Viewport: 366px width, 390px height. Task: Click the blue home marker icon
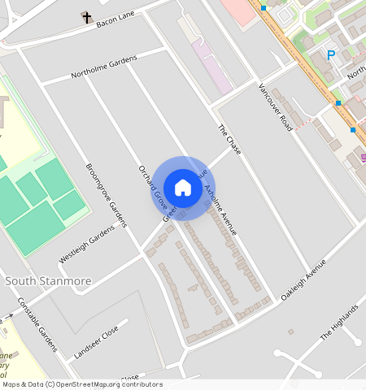click(x=183, y=188)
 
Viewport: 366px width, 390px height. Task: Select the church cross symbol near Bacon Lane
click(x=86, y=16)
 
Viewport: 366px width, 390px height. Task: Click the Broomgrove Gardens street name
click(x=107, y=196)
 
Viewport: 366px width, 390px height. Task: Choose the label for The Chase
click(x=230, y=141)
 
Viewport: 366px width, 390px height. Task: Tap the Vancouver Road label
click(x=275, y=107)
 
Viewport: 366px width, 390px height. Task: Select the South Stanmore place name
click(x=48, y=281)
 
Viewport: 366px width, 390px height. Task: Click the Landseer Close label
click(x=96, y=344)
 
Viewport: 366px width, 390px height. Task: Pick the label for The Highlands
click(x=338, y=323)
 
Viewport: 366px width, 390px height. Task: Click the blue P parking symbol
click(x=331, y=55)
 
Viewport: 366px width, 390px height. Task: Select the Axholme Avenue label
click(x=220, y=210)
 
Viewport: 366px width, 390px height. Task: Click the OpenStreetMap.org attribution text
click(x=103, y=384)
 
